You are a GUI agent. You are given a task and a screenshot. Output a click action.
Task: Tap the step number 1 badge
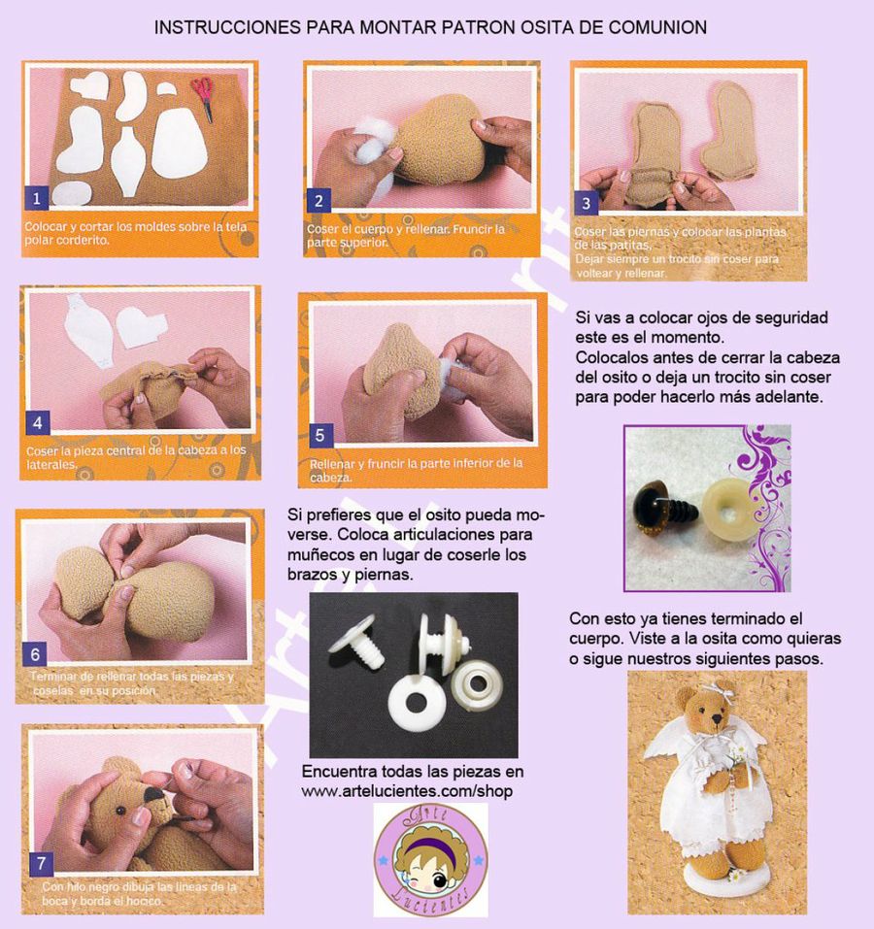pos(36,199)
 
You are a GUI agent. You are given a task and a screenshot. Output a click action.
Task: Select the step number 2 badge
pos(318,201)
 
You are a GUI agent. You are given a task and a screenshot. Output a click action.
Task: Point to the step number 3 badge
pos(586,203)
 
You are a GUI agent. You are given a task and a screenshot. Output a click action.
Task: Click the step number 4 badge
pos(36,423)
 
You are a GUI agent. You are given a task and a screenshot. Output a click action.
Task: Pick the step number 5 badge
pos(318,435)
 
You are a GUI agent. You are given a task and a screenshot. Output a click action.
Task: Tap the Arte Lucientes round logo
pos(430,859)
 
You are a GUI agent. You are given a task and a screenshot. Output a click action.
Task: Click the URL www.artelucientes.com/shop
pos(407,792)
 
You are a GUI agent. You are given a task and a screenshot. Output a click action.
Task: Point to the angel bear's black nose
pos(717,719)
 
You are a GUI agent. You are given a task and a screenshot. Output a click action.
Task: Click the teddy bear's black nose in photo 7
pos(154,795)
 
